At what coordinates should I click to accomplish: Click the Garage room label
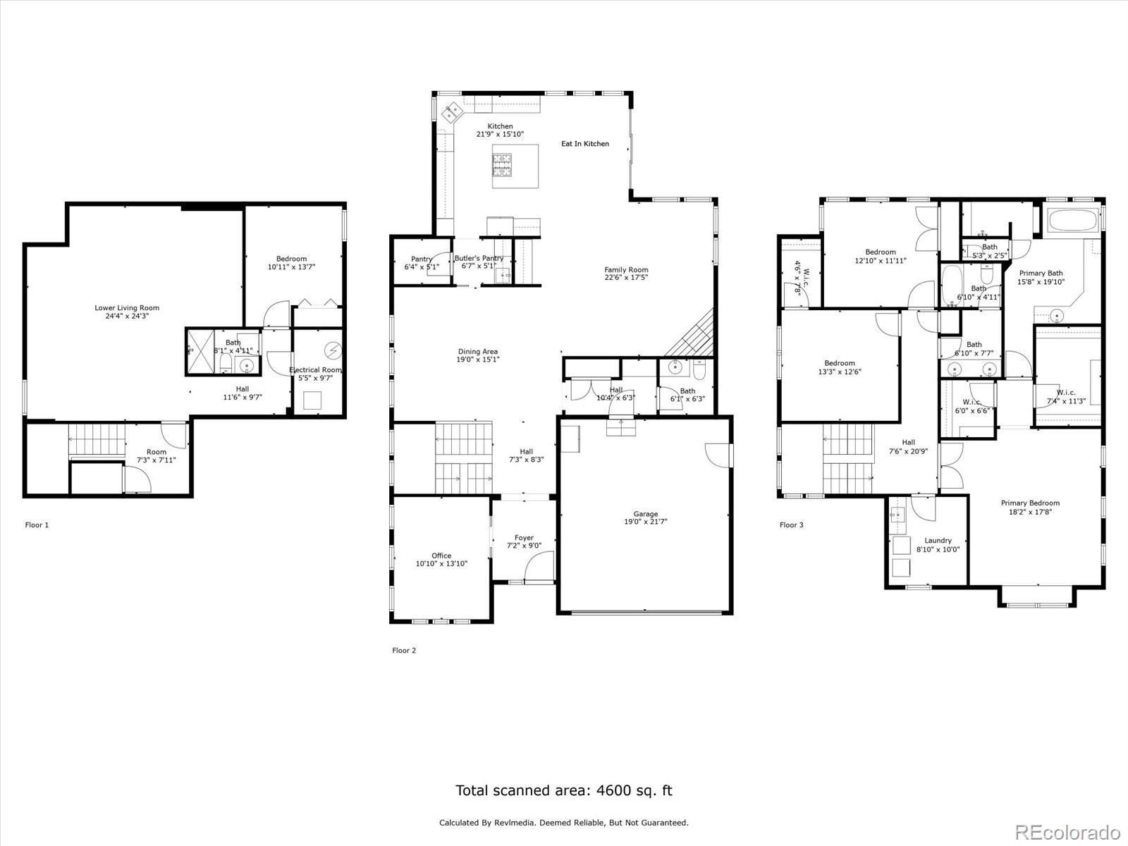click(645, 514)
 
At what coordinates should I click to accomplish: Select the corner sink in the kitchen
click(451, 111)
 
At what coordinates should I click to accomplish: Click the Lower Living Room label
click(127, 307)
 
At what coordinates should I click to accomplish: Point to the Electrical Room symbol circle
click(333, 350)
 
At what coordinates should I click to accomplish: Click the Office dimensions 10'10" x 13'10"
click(441, 563)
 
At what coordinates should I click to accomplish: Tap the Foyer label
click(524, 537)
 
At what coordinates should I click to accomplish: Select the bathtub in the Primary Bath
click(1073, 221)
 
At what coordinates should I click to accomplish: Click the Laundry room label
click(938, 540)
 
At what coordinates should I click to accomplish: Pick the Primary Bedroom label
click(1030, 503)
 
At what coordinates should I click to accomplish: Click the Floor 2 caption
click(404, 650)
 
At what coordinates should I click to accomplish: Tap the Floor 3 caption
click(791, 525)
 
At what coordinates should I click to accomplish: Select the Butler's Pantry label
click(479, 258)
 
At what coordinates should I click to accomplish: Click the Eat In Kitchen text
click(584, 143)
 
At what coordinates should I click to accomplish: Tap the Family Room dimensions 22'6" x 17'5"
click(626, 278)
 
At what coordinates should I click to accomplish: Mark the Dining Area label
click(478, 351)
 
